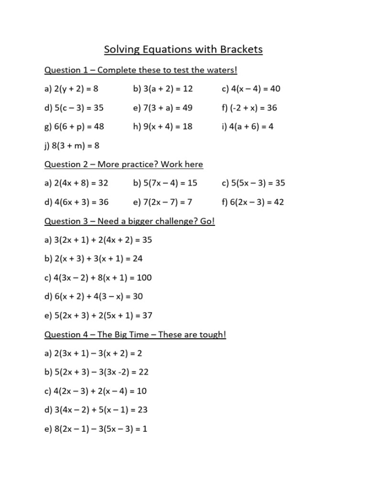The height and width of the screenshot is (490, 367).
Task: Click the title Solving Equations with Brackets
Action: tap(183, 50)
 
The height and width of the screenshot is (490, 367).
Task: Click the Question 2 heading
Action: tap(124, 164)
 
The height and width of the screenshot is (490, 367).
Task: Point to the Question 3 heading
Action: tap(129, 221)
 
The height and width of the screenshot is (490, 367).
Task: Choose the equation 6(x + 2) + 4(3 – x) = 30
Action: tap(94, 297)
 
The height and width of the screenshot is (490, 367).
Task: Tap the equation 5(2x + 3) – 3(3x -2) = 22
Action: tap(97, 372)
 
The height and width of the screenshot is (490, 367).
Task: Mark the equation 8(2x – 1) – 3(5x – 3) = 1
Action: tap(96, 429)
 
